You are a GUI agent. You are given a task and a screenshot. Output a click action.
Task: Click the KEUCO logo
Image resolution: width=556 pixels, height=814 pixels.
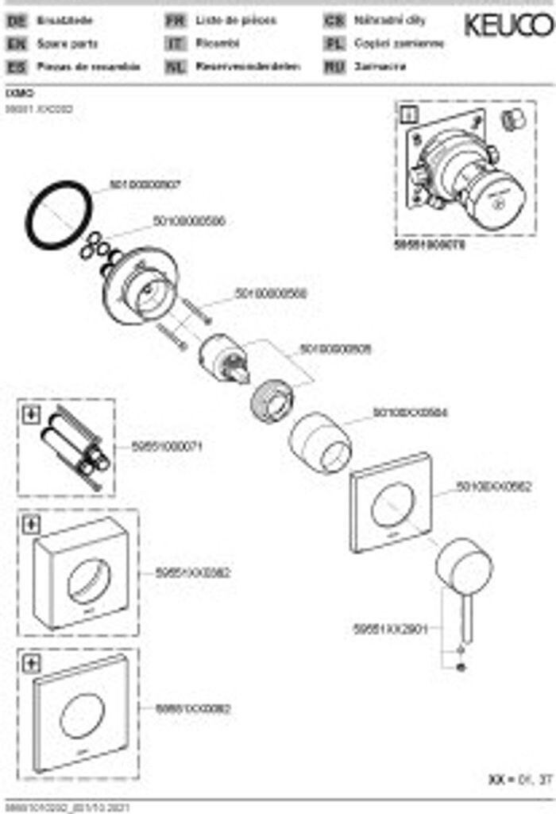[x=508, y=25]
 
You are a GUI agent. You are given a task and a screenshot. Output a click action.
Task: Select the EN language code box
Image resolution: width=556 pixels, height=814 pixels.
[x=16, y=45]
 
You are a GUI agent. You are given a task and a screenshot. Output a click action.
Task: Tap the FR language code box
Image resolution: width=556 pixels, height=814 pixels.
[x=175, y=21]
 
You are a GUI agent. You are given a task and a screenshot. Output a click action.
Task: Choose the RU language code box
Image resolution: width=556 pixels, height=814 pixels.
[x=334, y=67]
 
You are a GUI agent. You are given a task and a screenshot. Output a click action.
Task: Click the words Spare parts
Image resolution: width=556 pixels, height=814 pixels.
[x=68, y=45]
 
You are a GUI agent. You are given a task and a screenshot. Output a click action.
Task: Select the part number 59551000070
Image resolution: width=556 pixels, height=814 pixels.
[x=430, y=246]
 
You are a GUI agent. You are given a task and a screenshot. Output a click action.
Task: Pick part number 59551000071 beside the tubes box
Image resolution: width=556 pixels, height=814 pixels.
[x=168, y=447]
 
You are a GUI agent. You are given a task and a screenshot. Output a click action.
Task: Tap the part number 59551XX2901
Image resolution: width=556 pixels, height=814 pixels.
[x=390, y=628]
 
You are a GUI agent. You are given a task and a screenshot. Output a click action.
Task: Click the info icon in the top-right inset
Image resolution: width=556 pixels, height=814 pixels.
[x=411, y=114]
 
